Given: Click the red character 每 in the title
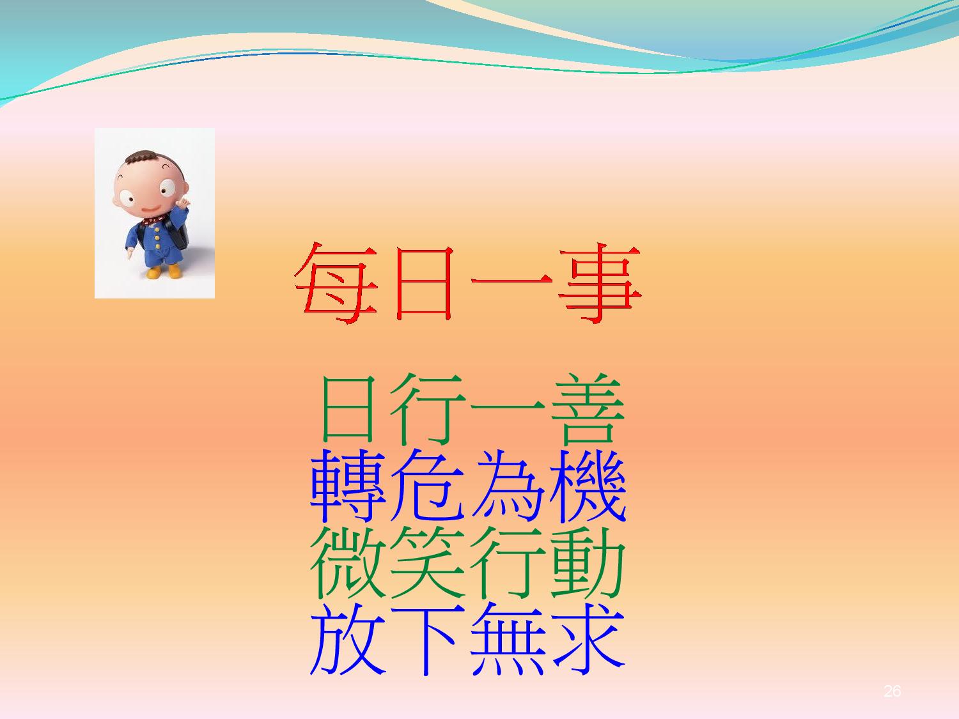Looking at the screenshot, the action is pos(336,283).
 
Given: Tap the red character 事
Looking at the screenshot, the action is pos(600,283).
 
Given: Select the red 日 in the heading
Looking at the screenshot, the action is pos(423,283).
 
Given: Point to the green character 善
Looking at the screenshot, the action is pos(588,409).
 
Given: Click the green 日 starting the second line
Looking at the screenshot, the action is pos(348,409).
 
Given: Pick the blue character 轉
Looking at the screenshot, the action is pos(348,486).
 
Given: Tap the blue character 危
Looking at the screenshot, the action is pos(428,486).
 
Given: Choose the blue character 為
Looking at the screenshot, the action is pos(508,486).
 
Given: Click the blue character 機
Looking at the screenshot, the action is pos(588,486).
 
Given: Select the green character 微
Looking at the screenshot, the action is pos(348,562).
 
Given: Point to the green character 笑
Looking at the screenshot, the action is pos(428,562).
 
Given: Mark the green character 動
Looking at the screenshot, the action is pos(588,562).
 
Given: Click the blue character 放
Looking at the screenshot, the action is pos(348,640).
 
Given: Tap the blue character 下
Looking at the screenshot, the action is pos(428,640).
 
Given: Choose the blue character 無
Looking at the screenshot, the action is pos(508,640).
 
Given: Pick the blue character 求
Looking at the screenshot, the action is pos(588,640).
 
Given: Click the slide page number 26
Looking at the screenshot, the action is pos(892,691).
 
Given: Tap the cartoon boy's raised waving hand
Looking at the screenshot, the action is pos(183,203).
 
